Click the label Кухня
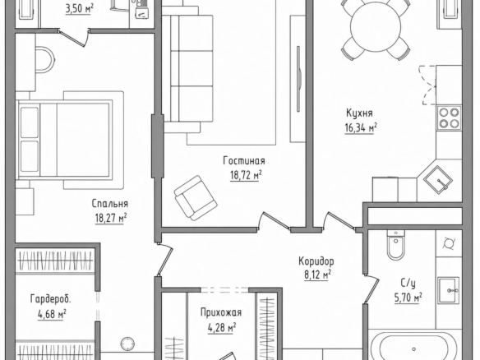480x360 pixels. (x=359, y=113)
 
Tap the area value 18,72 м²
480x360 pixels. (x=246, y=175)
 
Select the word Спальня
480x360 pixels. (x=110, y=204)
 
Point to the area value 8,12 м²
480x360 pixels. (x=316, y=275)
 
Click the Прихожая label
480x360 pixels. (x=221, y=312)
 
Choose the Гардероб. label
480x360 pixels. (x=50, y=298)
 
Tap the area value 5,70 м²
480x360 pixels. (x=408, y=298)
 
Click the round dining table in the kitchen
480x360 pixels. (x=376, y=27)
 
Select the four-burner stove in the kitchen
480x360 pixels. (x=449, y=118)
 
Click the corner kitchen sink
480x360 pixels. (x=438, y=179)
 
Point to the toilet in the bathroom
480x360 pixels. (x=395, y=245)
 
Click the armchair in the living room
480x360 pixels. (x=196, y=198)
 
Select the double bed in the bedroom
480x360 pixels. (x=65, y=140)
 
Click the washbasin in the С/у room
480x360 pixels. (x=448, y=290)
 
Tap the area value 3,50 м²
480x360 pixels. (x=79, y=9)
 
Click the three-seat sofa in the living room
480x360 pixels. (x=187, y=69)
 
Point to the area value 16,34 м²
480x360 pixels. (x=361, y=127)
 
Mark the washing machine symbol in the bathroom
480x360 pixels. (x=449, y=243)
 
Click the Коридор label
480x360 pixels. (x=316, y=261)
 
